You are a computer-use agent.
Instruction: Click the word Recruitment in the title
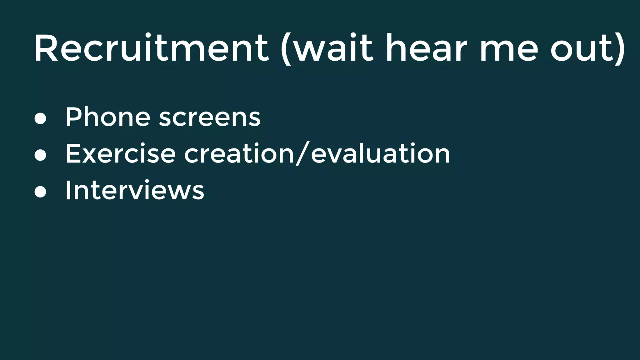click(x=151, y=48)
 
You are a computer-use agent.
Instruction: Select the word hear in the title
click(x=426, y=48)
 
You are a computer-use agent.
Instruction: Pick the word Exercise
click(x=120, y=153)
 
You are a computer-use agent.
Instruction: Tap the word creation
click(x=239, y=153)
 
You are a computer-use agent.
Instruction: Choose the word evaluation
click(x=380, y=153)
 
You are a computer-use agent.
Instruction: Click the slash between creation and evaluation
click(x=302, y=153)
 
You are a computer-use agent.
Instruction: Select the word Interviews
click(x=135, y=190)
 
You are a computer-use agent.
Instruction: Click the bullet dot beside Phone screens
click(x=40, y=119)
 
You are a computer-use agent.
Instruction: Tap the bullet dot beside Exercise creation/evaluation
click(x=40, y=155)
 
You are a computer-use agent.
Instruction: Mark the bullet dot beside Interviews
click(x=40, y=192)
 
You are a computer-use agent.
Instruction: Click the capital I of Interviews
click(x=67, y=190)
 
